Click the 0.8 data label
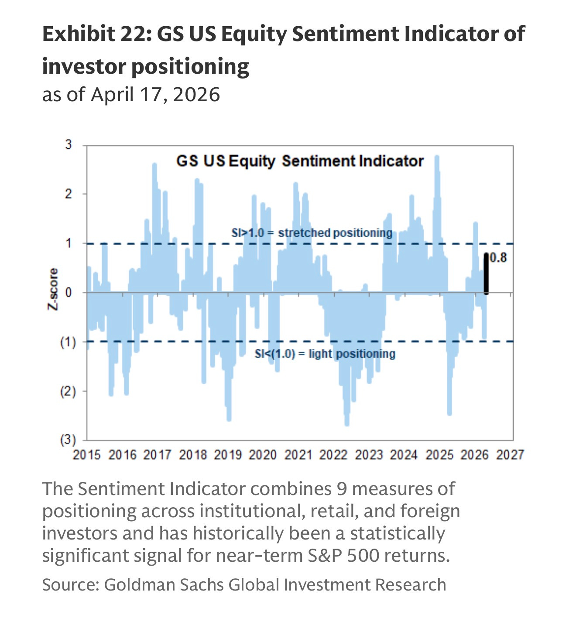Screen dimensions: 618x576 pos(498,258)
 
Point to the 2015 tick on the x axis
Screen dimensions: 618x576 pos(87,455)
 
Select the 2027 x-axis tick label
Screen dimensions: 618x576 pos(510,455)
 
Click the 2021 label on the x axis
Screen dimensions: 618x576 pos(298,455)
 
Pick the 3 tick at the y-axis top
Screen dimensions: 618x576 pos(69,144)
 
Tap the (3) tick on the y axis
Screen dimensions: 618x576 pos(68,440)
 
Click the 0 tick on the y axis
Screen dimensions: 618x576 pos(69,292)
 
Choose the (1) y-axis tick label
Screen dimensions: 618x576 pos(68,341)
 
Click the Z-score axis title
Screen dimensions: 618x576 pos(53,289)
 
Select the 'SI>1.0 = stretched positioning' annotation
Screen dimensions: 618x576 pos(312,233)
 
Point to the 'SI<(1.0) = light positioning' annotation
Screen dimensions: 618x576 pos(325,353)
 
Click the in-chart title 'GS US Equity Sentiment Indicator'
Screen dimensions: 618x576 pos(300,161)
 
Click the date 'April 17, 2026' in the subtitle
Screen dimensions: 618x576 pos(155,94)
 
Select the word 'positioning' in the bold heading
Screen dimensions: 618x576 pos(190,67)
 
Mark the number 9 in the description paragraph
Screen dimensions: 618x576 pos(342,489)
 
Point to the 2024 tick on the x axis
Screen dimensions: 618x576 pos(404,455)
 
